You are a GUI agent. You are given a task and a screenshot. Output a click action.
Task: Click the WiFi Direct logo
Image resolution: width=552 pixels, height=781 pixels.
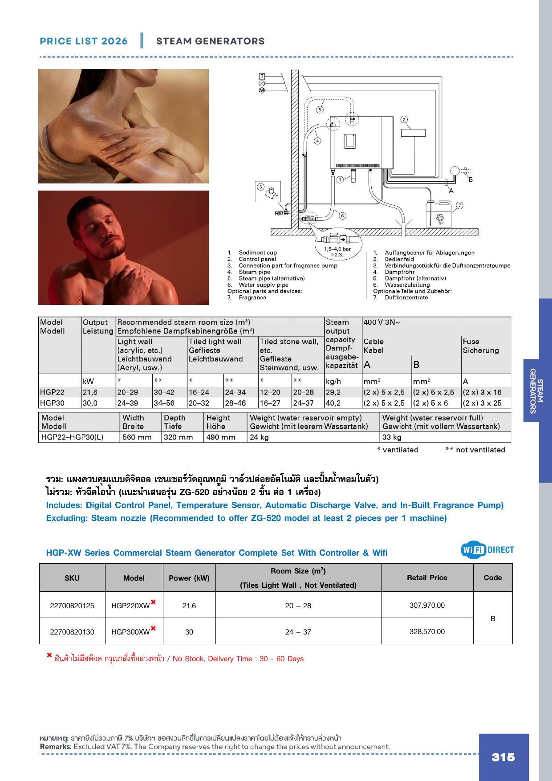tap(487, 550)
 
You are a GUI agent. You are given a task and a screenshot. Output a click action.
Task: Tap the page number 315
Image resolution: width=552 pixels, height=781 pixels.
tap(503, 757)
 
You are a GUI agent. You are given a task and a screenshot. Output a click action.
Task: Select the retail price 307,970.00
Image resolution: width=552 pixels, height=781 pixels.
tap(427, 605)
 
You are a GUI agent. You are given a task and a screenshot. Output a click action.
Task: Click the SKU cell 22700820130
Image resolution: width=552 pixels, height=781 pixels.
tap(72, 632)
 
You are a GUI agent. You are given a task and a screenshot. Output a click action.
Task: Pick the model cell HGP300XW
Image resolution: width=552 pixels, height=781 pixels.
tap(134, 631)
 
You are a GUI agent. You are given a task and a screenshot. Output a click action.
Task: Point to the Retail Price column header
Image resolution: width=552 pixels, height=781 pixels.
tap(427, 578)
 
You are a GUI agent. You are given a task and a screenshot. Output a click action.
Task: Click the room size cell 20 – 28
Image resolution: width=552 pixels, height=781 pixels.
tap(298, 606)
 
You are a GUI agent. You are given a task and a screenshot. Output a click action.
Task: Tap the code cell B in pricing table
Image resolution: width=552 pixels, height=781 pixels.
tap(493, 618)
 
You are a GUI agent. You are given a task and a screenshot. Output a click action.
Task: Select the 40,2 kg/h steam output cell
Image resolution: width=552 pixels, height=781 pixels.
tap(334, 403)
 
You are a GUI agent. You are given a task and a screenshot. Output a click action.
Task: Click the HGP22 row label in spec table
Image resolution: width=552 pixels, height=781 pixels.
tap(52, 392)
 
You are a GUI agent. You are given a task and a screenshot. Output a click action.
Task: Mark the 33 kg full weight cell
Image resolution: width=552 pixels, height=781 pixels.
tap(392, 437)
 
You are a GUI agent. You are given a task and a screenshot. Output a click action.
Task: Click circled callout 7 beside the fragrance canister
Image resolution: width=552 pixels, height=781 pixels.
tap(459, 205)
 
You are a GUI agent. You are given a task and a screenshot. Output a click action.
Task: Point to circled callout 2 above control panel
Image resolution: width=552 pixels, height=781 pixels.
tap(404, 119)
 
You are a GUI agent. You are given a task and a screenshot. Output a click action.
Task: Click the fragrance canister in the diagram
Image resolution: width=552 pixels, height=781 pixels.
tap(439, 215)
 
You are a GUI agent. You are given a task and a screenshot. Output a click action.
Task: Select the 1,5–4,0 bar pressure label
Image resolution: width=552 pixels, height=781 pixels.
tap(337, 249)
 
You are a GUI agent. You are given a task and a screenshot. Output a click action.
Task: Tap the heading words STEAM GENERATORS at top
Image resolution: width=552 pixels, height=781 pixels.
tap(211, 41)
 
